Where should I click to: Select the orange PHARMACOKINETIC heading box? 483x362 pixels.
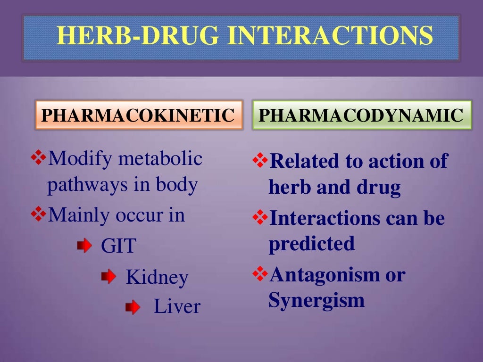point(138,115)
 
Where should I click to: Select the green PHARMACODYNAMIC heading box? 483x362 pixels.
point(362,115)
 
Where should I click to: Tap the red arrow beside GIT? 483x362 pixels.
point(84,246)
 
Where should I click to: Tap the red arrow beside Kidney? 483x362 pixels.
point(108,277)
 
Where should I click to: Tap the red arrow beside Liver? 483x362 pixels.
point(133,308)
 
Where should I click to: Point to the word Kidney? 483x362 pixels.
point(157,278)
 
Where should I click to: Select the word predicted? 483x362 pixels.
point(311,244)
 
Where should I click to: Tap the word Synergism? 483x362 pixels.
point(316,300)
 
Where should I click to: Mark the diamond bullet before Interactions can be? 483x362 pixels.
point(260,218)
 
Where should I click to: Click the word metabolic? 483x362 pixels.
point(160,159)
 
